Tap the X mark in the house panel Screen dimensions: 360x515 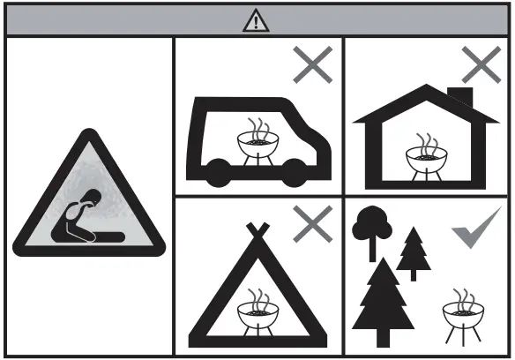click(480, 65)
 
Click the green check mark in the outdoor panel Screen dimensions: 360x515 click(476, 227)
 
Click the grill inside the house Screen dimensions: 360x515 click(426, 155)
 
